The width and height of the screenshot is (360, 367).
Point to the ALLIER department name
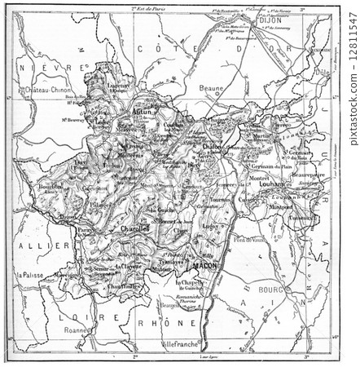pyautogui.click(x=33, y=245)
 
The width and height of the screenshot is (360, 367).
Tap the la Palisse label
pyautogui.click(x=31, y=275)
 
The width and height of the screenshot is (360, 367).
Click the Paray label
pyautogui.click(x=84, y=230)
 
